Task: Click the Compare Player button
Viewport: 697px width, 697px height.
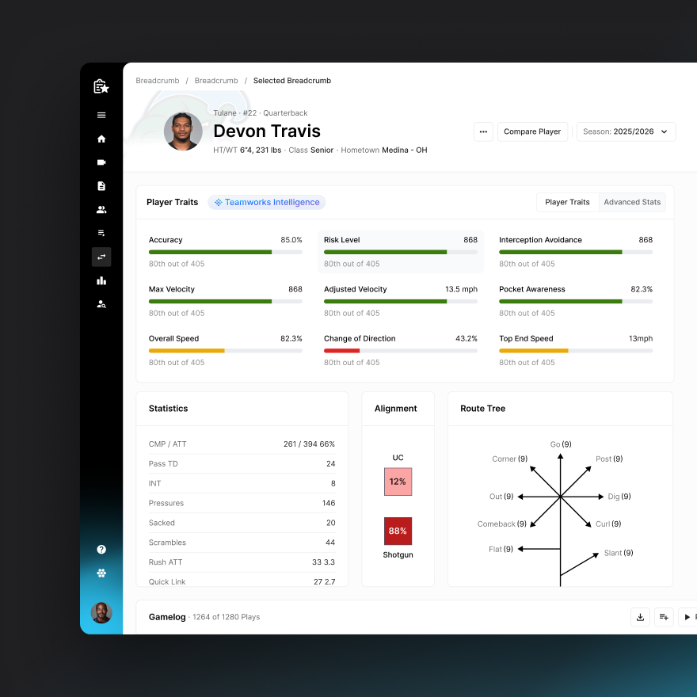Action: (532, 131)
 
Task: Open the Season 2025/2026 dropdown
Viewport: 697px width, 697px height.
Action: (626, 131)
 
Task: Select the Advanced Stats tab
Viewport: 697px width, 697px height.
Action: (632, 202)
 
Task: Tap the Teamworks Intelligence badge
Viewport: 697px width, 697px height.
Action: (267, 202)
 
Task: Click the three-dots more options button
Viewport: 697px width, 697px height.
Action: (483, 131)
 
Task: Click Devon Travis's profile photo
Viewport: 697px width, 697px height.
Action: (183, 131)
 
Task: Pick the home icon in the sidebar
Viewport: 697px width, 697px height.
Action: (101, 139)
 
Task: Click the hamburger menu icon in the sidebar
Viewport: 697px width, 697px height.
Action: (101, 115)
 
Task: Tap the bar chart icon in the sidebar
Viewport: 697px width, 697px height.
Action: (101, 280)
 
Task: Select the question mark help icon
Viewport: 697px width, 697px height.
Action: (101, 549)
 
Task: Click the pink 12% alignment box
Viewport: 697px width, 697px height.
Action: (398, 482)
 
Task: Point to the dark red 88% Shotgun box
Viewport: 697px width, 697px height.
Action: (398, 531)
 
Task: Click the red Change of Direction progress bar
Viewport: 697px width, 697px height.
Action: (342, 350)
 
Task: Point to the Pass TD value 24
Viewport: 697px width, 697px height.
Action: (330, 463)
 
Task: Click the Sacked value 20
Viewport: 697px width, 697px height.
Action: (330, 523)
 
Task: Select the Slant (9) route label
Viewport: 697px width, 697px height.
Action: (619, 553)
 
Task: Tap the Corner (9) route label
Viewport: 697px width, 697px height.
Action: (509, 459)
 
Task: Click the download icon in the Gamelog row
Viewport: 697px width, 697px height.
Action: (640, 617)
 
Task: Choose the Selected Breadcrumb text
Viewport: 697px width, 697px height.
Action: (292, 81)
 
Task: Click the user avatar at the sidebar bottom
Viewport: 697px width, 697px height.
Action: (101, 612)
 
